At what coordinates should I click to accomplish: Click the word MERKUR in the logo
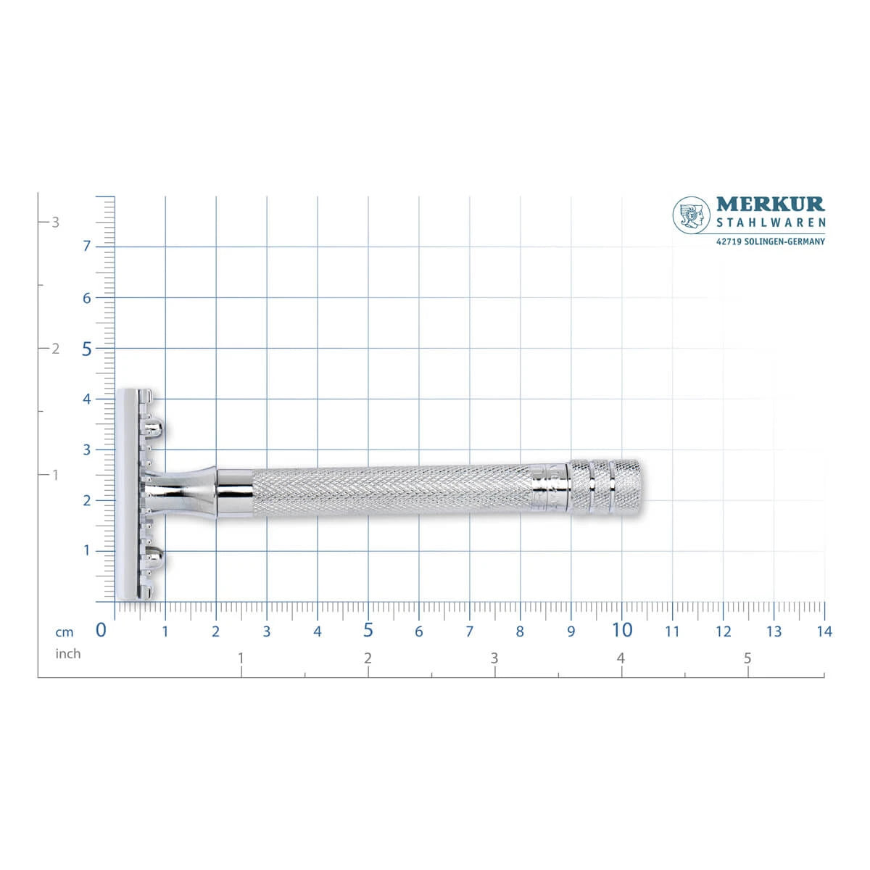click(x=770, y=204)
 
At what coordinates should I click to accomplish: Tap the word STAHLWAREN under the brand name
click(x=771, y=223)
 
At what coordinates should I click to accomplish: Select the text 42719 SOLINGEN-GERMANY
click(x=770, y=241)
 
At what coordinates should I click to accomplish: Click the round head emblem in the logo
click(x=691, y=215)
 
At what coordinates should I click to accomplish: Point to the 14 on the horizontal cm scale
click(x=824, y=631)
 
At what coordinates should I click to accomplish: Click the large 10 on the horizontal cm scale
click(x=621, y=630)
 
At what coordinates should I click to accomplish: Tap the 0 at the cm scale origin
click(x=101, y=630)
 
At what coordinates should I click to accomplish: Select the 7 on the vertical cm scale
click(x=87, y=246)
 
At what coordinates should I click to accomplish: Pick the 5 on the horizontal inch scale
click(x=747, y=658)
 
